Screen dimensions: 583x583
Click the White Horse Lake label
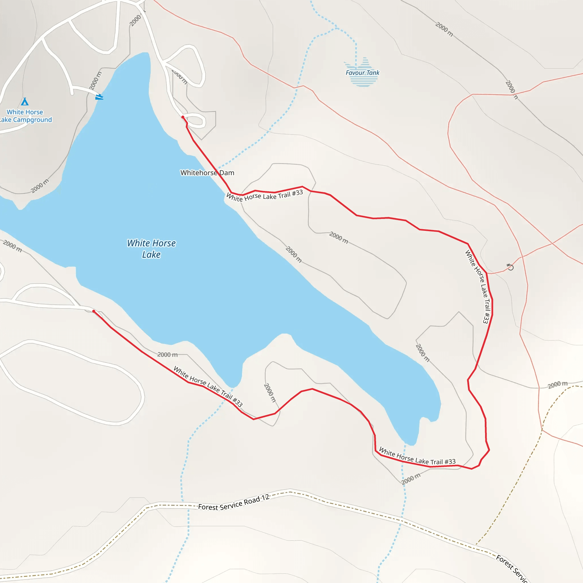[x=151, y=249]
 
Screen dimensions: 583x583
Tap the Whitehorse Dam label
[x=207, y=173]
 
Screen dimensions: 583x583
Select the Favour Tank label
[x=362, y=72]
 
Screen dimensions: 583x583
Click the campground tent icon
[x=25, y=101]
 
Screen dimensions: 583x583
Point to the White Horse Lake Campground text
[x=25, y=116]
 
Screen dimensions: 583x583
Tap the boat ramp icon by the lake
[x=99, y=97]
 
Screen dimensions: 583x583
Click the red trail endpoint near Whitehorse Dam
[x=183, y=117]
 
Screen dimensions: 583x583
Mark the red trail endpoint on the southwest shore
[x=94, y=311]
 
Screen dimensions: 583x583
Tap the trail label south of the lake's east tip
[x=417, y=456]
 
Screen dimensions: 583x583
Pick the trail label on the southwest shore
[x=208, y=386]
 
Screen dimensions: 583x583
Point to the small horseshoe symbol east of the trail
[x=510, y=267]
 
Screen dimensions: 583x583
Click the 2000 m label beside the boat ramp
[x=95, y=80]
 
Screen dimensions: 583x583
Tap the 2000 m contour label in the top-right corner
[x=444, y=29]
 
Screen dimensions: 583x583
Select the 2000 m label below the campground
[x=40, y=186]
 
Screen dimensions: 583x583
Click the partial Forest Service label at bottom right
[x=511, y=569]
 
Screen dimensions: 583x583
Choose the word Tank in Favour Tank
[x=373, y=72]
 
